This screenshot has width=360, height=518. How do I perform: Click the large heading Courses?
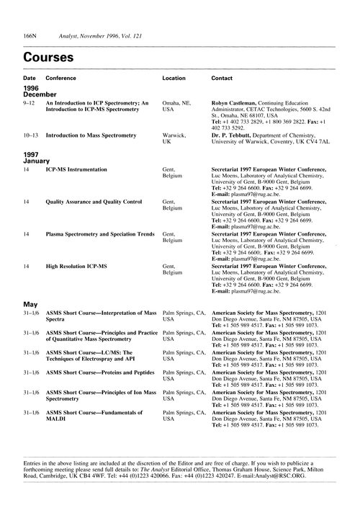pyautogui.click(x=48, y=55)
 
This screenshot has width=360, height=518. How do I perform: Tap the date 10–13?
pyautogui.click(x=30, y=135)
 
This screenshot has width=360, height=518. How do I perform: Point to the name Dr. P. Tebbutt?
pyautogui.click(x=233, y=135)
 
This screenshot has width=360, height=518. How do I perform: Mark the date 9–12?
pyautogui.click(x=29, y=104)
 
